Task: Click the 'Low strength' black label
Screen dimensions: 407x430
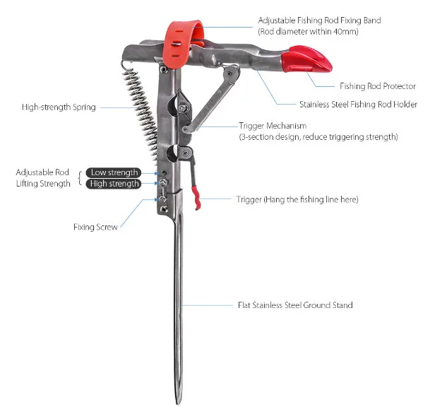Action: [114, 172]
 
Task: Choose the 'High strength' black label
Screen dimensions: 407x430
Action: [114, 184]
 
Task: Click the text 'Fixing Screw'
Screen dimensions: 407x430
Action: [95, 227]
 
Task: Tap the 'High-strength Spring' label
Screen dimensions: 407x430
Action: [59, 107]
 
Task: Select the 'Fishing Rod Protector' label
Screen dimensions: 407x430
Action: [378, 85]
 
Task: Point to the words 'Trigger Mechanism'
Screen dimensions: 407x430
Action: [273, 126]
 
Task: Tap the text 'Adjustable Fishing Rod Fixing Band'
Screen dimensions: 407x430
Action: [320, 20]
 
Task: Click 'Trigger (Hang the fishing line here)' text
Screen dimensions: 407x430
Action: [297, 200]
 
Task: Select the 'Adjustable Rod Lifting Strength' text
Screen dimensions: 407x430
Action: [44, 178]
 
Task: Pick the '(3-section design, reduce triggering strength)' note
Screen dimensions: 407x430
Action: [318, 136]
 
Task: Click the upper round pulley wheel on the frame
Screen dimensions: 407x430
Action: [173, 107]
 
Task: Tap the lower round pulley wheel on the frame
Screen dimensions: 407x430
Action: [174, 151]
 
